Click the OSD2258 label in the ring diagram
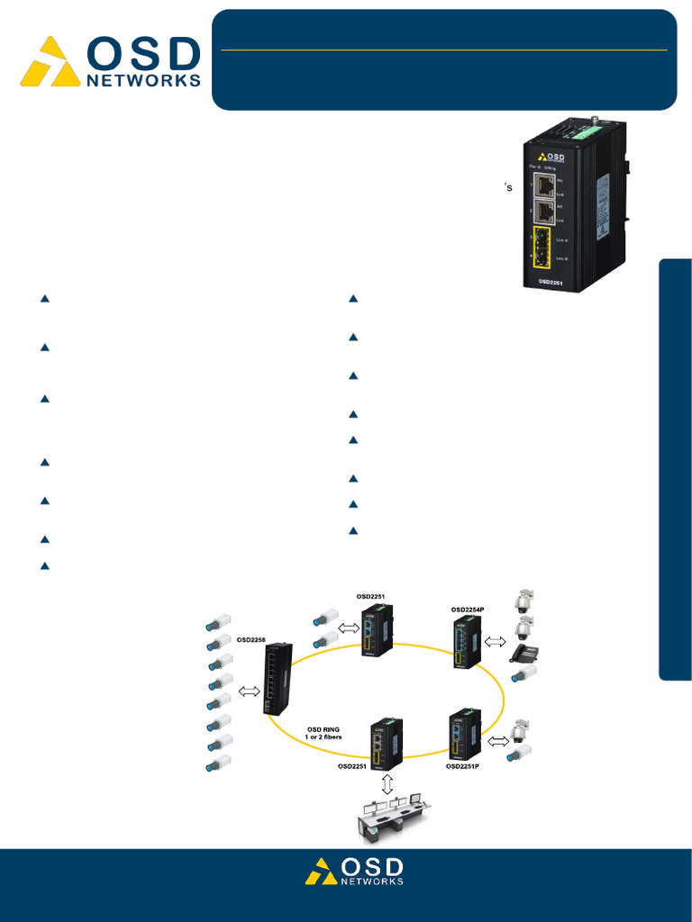click(253, 640)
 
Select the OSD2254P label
click(468, 610)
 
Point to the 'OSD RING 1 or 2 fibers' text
click(323, 732)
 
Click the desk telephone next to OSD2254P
click(524, 653)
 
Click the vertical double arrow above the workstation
click(388, 783)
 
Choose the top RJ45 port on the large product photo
click(544, 185)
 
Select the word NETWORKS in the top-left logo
click(143, 80)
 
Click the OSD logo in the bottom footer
click(353, 871)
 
